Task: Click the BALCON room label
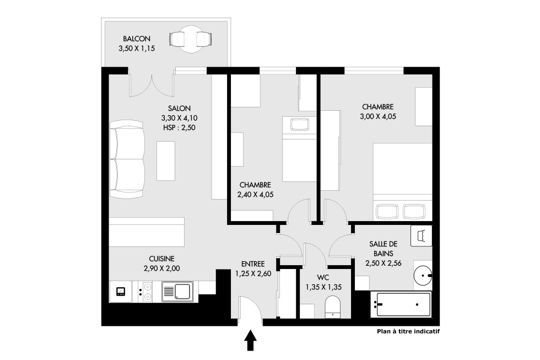[137, 39]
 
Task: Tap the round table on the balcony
[191, 39]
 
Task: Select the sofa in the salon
[127, 159]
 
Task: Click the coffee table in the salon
[166, 160]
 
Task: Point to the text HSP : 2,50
[179, 127]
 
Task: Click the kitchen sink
[177, 292]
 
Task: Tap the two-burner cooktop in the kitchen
[145, 292]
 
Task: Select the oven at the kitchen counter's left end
[121, 292]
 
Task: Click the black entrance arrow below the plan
[250, 340]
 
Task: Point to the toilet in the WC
[332, 307]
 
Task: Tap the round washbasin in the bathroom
[423, 276]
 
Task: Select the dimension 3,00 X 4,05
[378, 116]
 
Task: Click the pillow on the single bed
[300, 124]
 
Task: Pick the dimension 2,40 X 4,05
[255, 195]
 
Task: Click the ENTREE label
[253, 264]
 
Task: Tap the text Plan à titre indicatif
[408, 332]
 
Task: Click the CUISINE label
[161, 259]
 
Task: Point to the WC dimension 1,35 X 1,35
[323, 287]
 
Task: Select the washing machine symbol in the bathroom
[421, 236]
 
